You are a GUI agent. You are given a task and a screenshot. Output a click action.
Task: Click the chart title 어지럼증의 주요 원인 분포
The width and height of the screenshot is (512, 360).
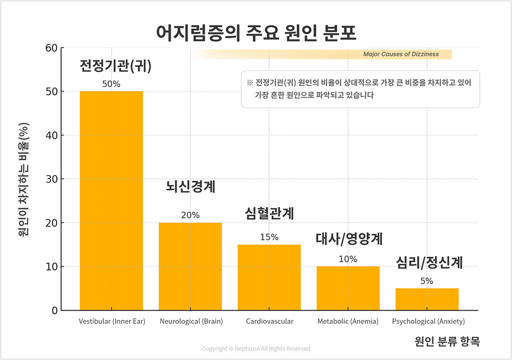click(x=256, y=33)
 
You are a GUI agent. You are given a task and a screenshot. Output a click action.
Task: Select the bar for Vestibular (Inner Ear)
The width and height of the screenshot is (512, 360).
click(x=111, y=201)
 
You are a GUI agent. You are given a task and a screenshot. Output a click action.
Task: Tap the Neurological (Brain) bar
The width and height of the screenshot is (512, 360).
click(x=190, y=266)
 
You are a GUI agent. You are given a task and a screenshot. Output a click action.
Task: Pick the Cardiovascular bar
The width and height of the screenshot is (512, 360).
click(x=269, y=278)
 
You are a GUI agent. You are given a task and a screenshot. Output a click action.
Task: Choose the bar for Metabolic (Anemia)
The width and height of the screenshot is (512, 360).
click(x=348, y=288)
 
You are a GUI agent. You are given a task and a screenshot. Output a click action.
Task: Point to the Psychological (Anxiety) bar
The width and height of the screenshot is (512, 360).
click(x=427, y=299)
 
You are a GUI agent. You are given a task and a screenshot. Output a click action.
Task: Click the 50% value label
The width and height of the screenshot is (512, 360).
click(x=111, y=84)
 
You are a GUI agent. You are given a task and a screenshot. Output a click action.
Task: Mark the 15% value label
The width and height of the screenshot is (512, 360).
click(x=269, y=237)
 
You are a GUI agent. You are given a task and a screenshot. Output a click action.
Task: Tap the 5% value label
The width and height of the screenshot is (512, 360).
click(x=427, y=281)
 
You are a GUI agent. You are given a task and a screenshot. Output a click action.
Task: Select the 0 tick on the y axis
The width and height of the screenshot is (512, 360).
click(x=54, y=311)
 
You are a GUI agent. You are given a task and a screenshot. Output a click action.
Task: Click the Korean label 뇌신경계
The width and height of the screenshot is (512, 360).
click(x=190, y=187)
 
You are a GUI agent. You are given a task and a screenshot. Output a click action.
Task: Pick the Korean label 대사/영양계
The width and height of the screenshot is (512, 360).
click(x=349, y=239)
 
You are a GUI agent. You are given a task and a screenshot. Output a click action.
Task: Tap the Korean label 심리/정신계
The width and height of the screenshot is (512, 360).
click(x=429, y=263)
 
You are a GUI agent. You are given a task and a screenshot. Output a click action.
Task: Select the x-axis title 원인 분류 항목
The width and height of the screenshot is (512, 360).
click(x=447, y=342)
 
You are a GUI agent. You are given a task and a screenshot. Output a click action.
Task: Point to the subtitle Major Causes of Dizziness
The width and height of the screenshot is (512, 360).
click(x=401, y=54)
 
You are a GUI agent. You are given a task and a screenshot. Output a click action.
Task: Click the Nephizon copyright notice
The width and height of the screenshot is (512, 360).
click(x=256, y=349)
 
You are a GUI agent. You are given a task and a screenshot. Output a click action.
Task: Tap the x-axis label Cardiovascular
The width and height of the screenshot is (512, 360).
click(x=269, y=321)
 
